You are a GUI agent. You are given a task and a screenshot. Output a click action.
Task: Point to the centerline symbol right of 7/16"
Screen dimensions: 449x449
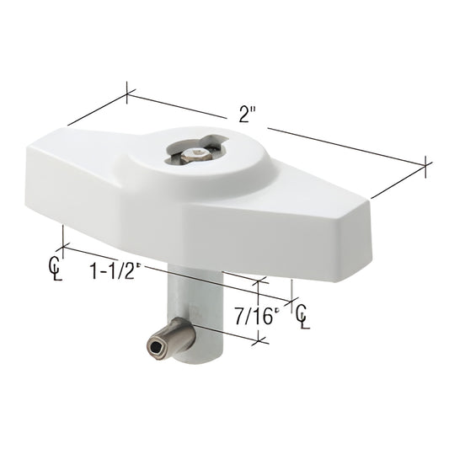(x=301, y=314)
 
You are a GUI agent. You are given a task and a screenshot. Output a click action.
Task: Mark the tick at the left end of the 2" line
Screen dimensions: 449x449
(x=127, y=92)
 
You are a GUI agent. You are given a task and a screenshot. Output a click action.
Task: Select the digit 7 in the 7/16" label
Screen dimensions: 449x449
(x=235, y=315)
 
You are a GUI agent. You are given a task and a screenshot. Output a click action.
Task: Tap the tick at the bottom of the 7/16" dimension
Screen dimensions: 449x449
(x=260, y=339)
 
